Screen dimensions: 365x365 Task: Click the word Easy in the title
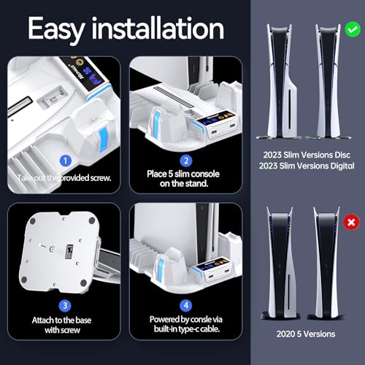click(x=56, y=29)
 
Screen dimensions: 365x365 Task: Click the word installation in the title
click(x=158, y=28)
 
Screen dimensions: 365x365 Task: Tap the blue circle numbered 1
click(x=66, y=161)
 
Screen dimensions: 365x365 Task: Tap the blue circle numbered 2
click(x=186, y=161)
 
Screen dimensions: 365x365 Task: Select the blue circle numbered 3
click(x=65, y=305)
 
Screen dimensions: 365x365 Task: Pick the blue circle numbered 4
click(x=186, y=305)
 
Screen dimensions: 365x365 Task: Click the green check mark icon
click(x=353, y=29)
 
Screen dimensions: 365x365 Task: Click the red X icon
click(x=351, y=222)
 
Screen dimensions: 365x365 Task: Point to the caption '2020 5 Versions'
click(x=306, y=334)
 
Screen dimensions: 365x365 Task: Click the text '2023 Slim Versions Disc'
click(x=307, y=155)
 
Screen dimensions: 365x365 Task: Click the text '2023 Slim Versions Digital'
click(x=307, y=166)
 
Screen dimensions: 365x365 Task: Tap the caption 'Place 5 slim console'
click(x=183, y=174)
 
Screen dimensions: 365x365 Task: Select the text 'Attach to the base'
click(x=61, y=320)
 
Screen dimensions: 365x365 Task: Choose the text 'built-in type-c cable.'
click(x=187, y=329)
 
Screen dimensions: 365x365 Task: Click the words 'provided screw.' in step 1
click(x=85, y=178)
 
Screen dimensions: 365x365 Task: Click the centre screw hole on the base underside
click(x=52, y=250)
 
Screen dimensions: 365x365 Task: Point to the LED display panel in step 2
click(x=215, y=118)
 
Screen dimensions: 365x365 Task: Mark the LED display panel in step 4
click(x=212, y=265)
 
